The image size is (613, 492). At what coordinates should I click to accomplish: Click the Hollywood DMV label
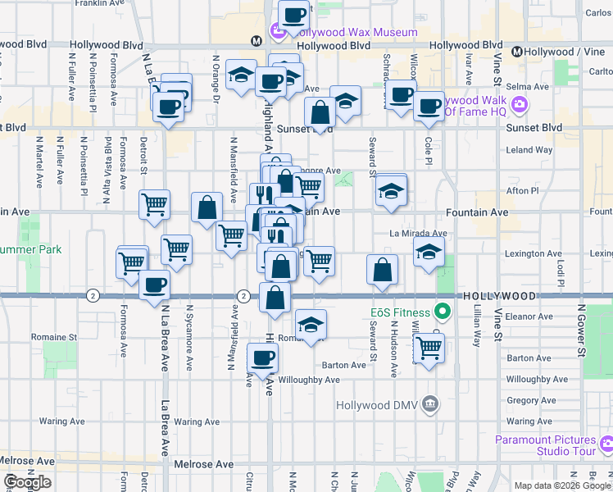point(378,405)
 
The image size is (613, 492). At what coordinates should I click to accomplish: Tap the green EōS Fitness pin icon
point(443,312)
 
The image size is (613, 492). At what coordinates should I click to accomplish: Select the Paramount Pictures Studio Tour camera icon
point(606,444)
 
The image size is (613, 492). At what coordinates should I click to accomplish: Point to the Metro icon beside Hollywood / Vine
point(517,52)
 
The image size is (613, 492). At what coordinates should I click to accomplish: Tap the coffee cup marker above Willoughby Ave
point(262,358)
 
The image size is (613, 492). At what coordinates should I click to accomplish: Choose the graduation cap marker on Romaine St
point(311,325)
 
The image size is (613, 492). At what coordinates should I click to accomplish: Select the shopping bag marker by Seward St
point(382,270)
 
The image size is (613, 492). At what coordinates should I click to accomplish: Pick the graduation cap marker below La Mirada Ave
point(429,253)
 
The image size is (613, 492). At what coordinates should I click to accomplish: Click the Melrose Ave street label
point(204,464)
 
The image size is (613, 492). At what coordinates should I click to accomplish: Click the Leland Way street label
point(529,150)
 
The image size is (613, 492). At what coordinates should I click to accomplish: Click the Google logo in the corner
point(28,483)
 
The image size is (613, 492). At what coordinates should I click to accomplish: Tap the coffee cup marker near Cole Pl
point(429,107)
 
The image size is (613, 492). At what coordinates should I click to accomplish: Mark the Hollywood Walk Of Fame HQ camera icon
point(519,105)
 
